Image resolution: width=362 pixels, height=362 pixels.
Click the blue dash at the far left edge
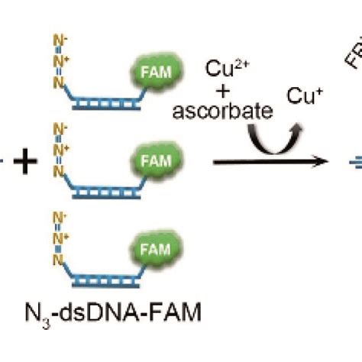(3, 163)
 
